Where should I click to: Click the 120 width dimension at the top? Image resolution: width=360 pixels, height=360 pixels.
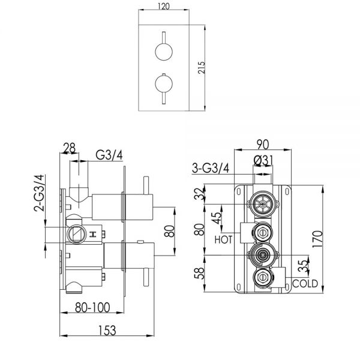click(164, 6)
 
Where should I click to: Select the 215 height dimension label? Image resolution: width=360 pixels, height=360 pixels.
click(202, 67)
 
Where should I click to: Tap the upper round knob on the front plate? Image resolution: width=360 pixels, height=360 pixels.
click(164, 52)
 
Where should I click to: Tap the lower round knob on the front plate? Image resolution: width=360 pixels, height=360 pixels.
click(164, 83)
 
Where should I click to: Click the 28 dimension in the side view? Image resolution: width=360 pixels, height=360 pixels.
click(70, 148)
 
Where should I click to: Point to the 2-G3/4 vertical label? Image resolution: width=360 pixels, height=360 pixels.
click(39, 193)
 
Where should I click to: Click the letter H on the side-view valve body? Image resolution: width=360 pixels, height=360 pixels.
click(93, 235)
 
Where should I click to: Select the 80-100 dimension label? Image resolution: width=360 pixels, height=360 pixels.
click(92, 307)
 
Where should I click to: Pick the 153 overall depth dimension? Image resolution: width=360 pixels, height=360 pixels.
click(107, 331)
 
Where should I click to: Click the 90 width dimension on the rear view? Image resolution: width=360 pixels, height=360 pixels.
click(263, 145)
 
